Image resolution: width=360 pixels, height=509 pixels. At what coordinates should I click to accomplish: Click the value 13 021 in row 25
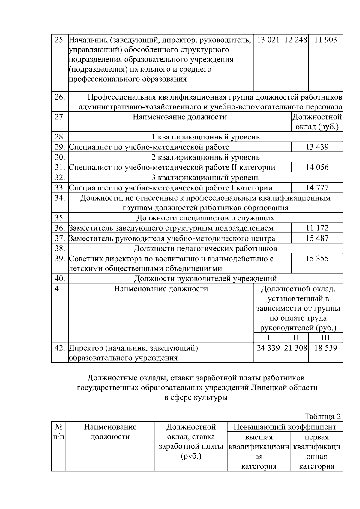pos(268,40)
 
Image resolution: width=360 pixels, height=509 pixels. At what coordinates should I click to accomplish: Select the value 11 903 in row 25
pos(325,40)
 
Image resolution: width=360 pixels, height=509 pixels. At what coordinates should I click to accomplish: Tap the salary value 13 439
pos(317,147)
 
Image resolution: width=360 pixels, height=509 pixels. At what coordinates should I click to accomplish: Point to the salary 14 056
pos(317,167)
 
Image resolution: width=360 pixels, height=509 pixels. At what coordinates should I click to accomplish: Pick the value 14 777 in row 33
pos(317,188)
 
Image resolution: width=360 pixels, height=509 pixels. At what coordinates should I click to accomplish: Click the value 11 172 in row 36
pos(317,228)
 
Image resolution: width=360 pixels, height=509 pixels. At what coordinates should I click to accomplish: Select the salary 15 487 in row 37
pos(317,238)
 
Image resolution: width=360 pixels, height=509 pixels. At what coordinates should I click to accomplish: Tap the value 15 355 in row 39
pos(317,259)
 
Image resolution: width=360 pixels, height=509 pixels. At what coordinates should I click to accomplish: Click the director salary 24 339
pos(268,348)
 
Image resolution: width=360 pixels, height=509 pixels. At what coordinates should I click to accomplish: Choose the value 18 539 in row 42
pos(325,348)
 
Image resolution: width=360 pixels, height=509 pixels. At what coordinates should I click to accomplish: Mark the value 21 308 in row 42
pos(295,348)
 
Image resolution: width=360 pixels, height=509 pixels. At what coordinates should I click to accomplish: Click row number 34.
pos(60,198)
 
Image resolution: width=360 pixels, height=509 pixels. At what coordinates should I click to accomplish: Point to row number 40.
pos(60,279)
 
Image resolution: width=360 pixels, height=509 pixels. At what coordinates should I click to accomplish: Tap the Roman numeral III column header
pos(325,338)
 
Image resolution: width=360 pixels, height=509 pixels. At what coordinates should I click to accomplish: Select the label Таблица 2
pos(322,417)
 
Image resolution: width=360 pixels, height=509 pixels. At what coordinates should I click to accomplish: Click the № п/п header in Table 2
pos(58,431)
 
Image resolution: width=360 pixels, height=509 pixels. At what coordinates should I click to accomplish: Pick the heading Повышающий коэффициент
pos(285,427)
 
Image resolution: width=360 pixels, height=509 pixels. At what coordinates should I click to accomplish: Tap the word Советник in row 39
pos(85,259)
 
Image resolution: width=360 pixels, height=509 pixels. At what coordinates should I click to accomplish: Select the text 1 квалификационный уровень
pos(205,137)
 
